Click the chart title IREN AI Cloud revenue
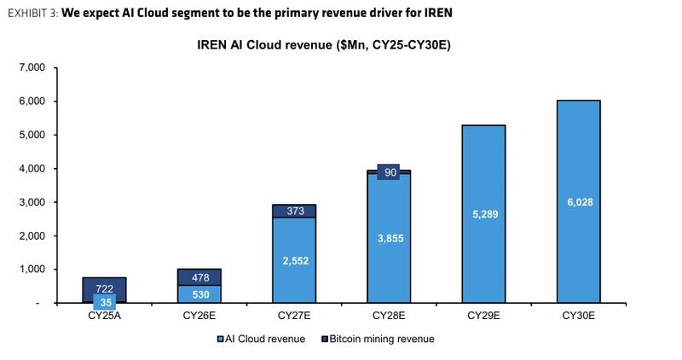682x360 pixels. click(x=318, y=45)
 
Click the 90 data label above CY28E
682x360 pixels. click(x=389, y=172)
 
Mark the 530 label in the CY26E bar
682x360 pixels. click(x=199, y=294)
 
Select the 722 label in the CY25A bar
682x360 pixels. click(x=104, y=288)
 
